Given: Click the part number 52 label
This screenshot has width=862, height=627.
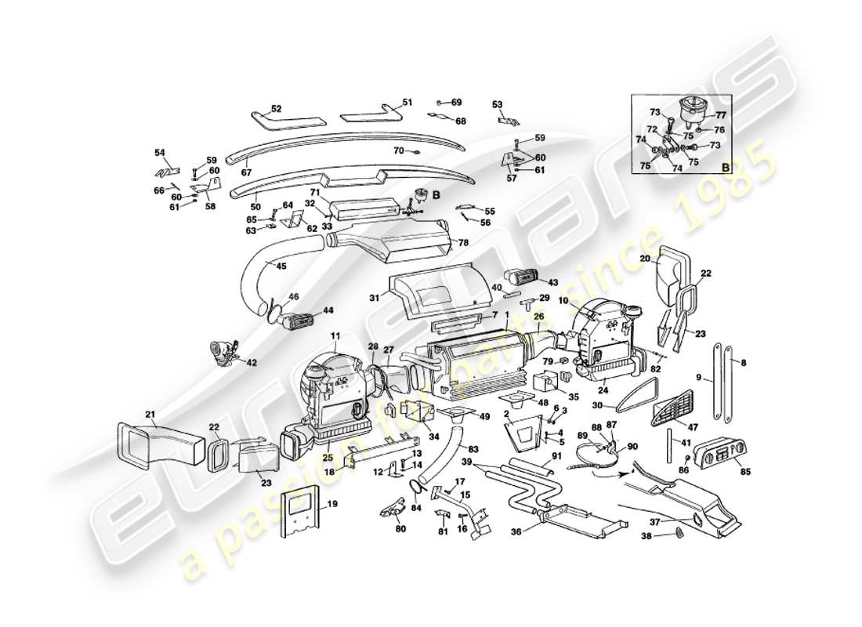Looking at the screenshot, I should point(276,109).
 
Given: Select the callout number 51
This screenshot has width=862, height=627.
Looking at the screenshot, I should point(407,103).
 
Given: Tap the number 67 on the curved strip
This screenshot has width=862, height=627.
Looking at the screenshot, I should point(245,172).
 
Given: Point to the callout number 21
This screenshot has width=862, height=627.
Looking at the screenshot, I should point(150,415).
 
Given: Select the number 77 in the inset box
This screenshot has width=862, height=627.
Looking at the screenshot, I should point(721,114).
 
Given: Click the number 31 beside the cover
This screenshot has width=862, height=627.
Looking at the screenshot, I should point(373,298).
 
